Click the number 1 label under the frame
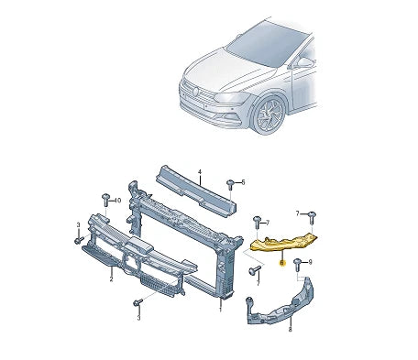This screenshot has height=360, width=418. (220, 308)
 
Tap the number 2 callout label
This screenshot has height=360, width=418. (111, 278)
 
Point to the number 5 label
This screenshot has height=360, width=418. (243, 182)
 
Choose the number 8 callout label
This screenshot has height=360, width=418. (290, 329)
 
